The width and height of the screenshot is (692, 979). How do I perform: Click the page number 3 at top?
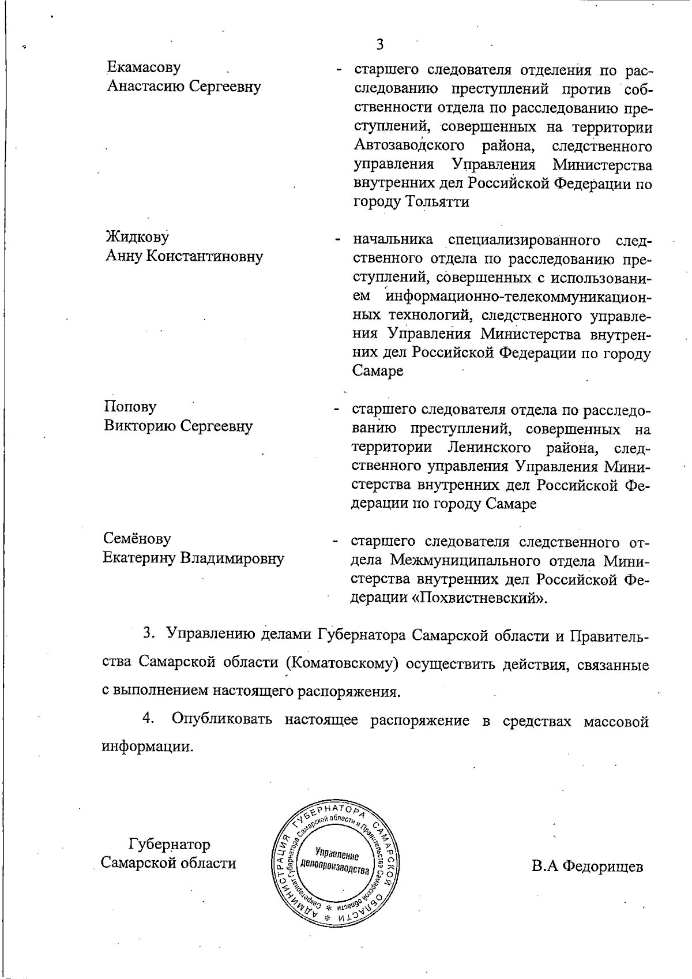point(379,44)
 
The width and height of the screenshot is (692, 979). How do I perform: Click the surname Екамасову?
point(143,68)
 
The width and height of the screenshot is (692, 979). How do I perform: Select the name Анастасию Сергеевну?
point(183,87)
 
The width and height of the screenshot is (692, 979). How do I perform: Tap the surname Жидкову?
point(137,237)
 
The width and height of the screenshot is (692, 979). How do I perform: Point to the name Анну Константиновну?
point(183,256)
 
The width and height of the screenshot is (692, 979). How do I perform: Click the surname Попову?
point(130,407)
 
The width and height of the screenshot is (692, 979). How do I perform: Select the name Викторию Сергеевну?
point(178,426)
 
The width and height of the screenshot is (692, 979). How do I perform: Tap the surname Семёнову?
point(137,539)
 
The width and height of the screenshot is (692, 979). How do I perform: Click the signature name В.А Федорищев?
point(587,867)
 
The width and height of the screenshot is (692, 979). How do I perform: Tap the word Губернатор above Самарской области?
point(168,845)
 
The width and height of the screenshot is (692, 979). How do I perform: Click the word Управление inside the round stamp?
point(337,855)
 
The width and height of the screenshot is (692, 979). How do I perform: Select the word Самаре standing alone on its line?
point(377,371)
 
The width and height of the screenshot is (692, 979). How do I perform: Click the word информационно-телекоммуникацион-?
point(518,297)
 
